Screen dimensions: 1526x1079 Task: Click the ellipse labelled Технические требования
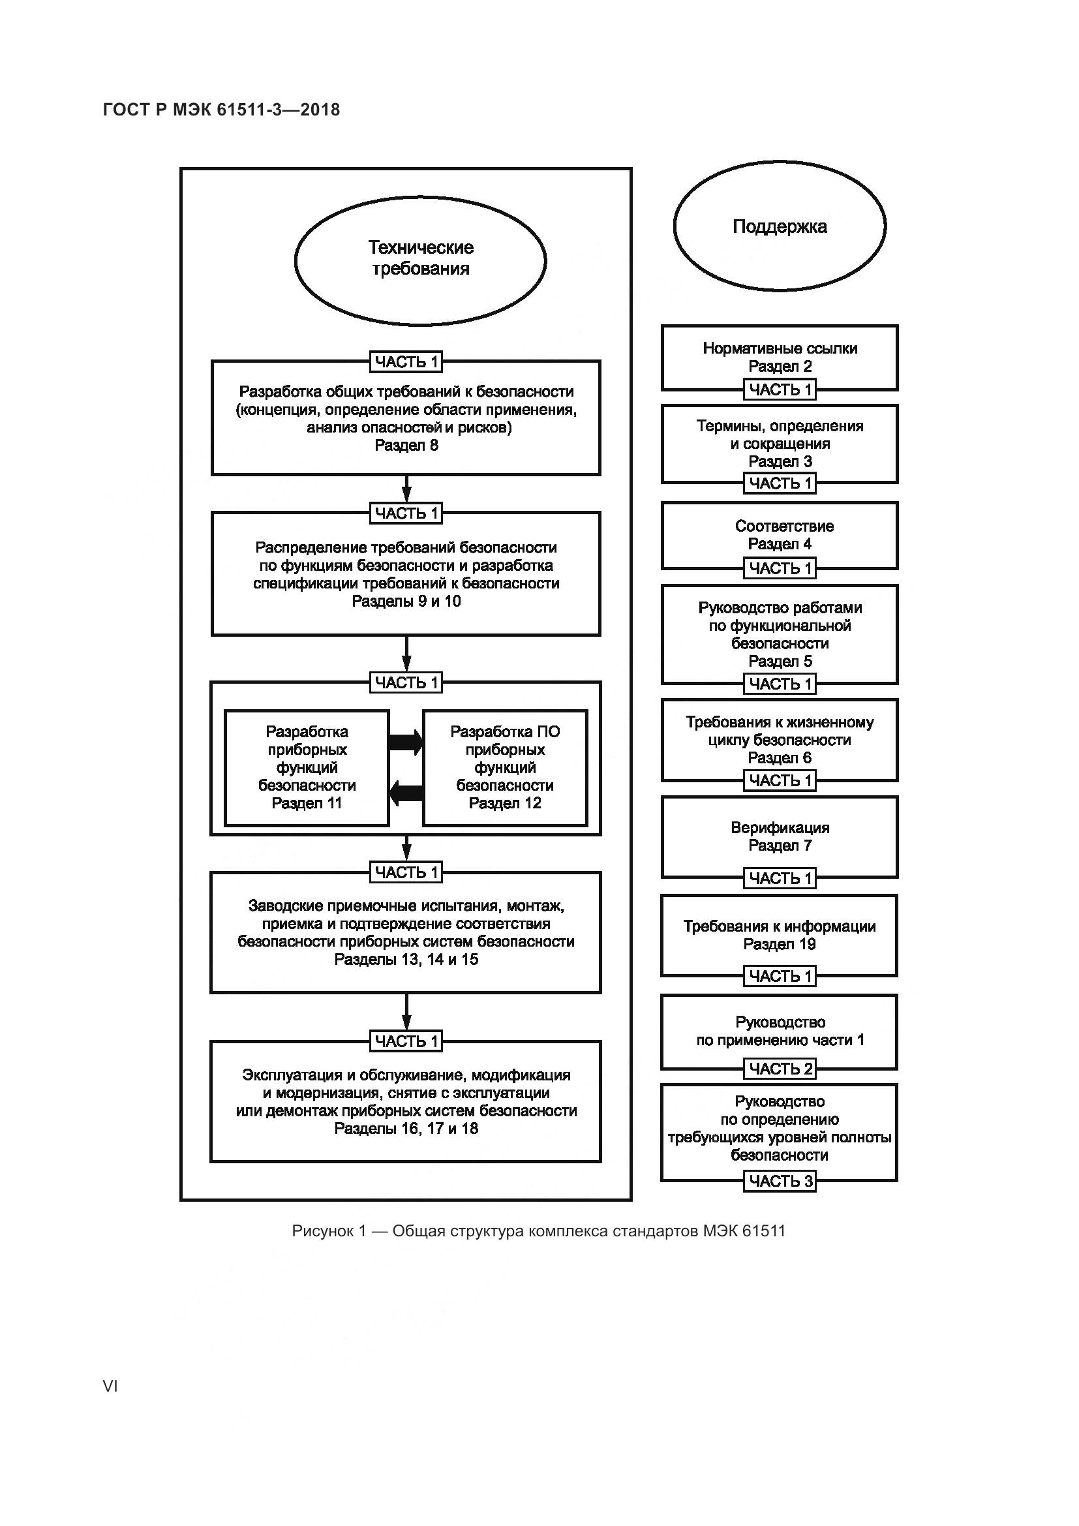420,260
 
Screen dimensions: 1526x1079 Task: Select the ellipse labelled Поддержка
780,226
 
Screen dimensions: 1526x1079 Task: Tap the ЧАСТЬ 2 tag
780,1069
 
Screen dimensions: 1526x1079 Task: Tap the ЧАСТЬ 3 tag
780,1181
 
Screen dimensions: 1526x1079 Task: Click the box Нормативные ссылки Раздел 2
780,357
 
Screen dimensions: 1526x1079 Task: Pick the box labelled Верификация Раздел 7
780,837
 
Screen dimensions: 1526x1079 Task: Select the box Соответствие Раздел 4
780,535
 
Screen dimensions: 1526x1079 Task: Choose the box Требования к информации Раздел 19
780,935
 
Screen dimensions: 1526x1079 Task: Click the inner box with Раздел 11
307,768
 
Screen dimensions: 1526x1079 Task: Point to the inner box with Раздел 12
505,768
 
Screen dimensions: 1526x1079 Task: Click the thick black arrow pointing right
406,742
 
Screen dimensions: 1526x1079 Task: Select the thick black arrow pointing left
406,792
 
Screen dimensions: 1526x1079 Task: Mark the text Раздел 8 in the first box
406,446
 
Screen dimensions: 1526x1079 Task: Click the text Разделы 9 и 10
406,602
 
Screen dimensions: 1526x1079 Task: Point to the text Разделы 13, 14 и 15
406,960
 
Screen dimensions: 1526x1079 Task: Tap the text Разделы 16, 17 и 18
406,1129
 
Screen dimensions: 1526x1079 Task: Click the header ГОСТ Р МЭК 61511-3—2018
222,110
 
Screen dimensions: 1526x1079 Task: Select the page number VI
110,1386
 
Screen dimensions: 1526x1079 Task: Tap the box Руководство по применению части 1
780,1031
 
